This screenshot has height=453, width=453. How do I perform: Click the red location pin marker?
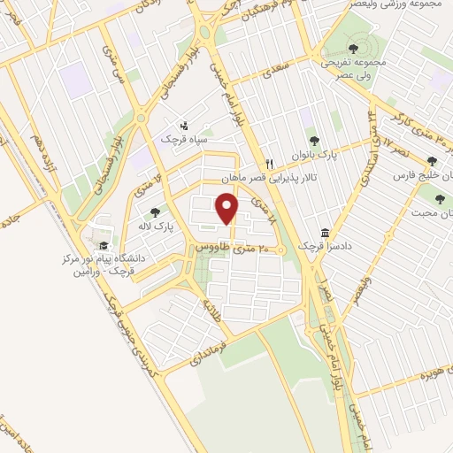click(x=228, y=208)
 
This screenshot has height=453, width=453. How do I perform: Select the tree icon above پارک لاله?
click(x=156, y=212)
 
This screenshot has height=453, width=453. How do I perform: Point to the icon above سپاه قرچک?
click(x=184, y=126)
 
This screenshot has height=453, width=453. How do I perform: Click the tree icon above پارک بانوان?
click(x=311, y=139)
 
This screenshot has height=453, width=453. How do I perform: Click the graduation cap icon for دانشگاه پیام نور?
click(x=104, y=245)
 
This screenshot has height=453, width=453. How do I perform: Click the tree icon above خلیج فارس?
click(x=432, y=161)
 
